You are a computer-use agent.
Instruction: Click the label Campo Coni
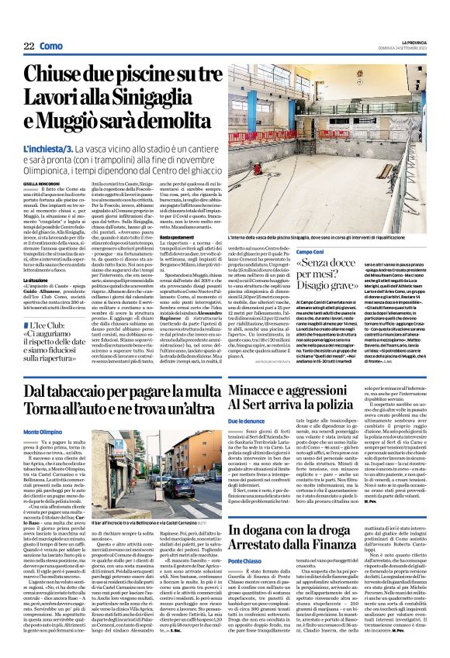click(x=309, y=253)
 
